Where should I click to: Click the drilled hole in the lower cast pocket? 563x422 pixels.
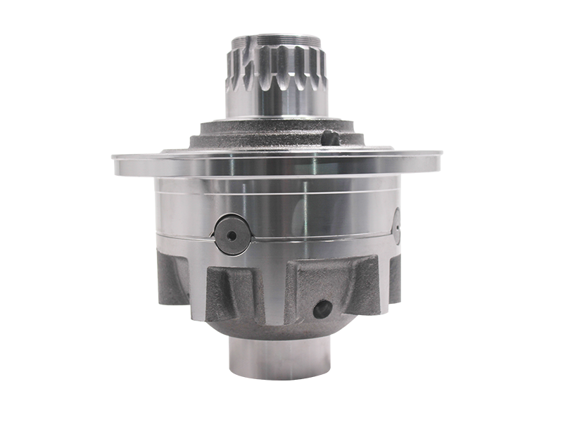click(322, 307)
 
